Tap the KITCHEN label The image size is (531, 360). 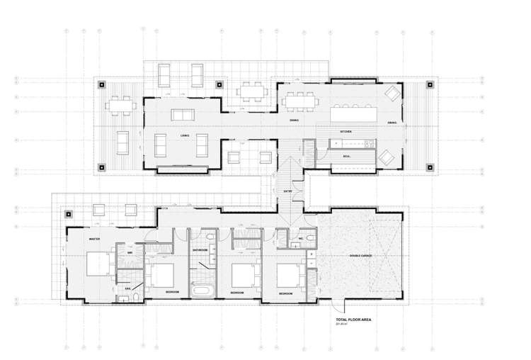tap(346, 132)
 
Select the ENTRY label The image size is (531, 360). tap(287, 191)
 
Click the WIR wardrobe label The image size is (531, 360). tap(129, 253)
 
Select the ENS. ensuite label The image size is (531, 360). tap(128, 288)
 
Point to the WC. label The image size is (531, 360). tap(300, 239)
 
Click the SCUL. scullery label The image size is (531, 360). tap(346, 156)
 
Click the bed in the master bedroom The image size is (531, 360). tap(97, 264)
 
